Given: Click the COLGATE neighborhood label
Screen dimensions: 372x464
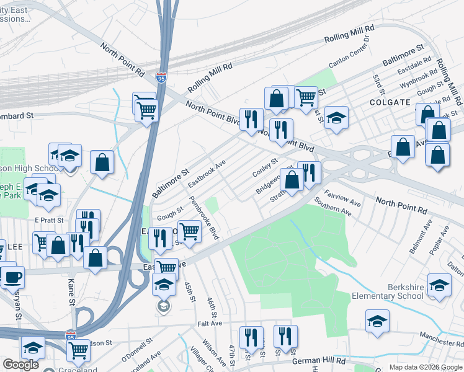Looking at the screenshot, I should point(390,102).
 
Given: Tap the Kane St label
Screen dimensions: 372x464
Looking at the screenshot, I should point(71,302).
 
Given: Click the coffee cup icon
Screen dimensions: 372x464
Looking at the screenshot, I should point(12,277).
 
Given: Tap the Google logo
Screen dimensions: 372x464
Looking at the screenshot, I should point(20,364).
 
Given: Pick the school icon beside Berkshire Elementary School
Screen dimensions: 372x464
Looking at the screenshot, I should point(439,285).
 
